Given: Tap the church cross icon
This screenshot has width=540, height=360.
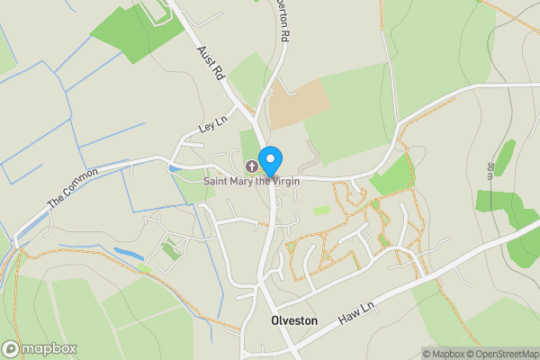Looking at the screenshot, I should (251, 166).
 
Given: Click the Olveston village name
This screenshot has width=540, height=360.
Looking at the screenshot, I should (293, 320).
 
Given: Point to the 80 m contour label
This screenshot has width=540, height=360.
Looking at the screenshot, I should (490, 170).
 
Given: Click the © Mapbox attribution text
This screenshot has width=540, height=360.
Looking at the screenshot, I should (441, 354).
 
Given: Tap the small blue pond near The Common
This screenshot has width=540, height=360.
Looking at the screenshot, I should (130, 256).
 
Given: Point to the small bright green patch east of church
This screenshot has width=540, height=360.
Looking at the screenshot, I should (321, 210).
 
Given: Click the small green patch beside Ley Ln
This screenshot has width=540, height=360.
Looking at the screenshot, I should (249, 144).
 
